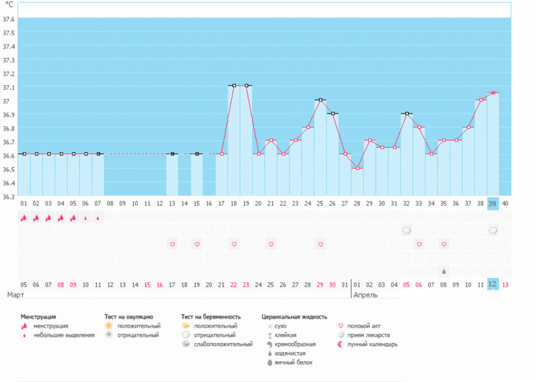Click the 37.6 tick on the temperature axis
point(8,19)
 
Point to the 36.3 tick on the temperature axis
point(8,197)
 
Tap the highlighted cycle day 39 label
point(493,203)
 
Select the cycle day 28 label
point(357,203)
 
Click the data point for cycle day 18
point(234,86)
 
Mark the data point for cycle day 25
point(320,100)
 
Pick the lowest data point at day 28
point(357,168)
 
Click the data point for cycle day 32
point(407,114)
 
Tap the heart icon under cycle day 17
point(173,244)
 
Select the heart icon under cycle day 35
point(443,244)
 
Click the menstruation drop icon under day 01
point(24,217)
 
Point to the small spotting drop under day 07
point(98,217)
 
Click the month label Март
point(15,295)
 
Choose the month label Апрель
point(365,295)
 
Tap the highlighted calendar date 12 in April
point(493,284)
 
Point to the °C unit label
point(9,4)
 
